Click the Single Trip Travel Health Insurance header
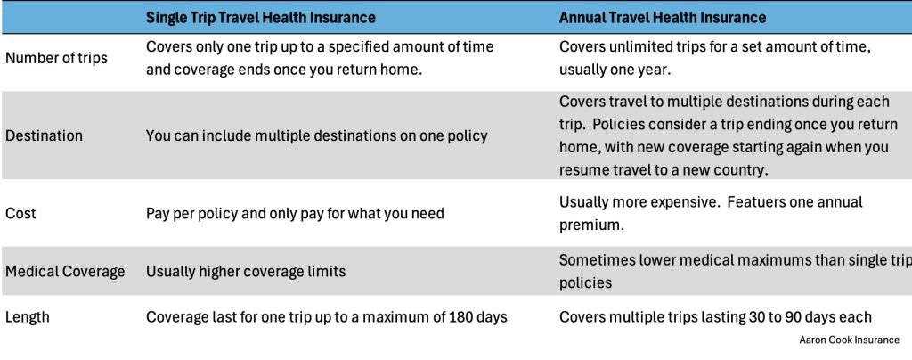tap(261, 18)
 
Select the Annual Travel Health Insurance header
tap(663, 18)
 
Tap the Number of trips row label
tap(56, 59)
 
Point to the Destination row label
tap(45, 136)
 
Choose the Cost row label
tap(20, 214)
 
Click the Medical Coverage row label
tap(65, 272)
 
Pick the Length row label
tap(28, 317)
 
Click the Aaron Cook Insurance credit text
tap(849, 340)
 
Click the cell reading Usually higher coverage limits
tap(246, 272)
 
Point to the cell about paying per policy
tap(295, 214)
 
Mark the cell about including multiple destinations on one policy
tap(316, 136)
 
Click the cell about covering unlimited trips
tap(715, 58)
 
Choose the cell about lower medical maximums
tap(736, 272)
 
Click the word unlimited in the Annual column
tap(638, 47)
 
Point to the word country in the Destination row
tap(751, 170)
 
